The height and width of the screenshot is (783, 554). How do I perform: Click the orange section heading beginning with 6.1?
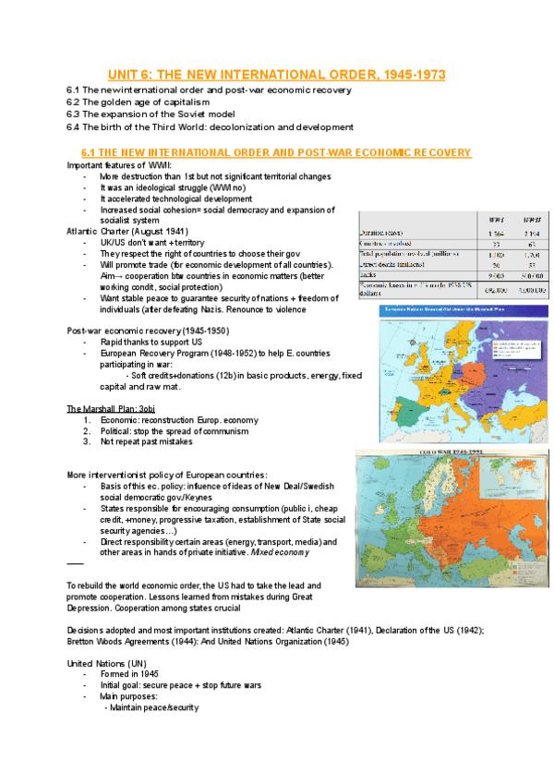[x=276, y=152]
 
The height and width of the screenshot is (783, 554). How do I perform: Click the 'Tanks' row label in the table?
[x=370, y=274]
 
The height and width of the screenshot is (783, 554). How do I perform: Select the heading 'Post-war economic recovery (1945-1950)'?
[x=148, y=331]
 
